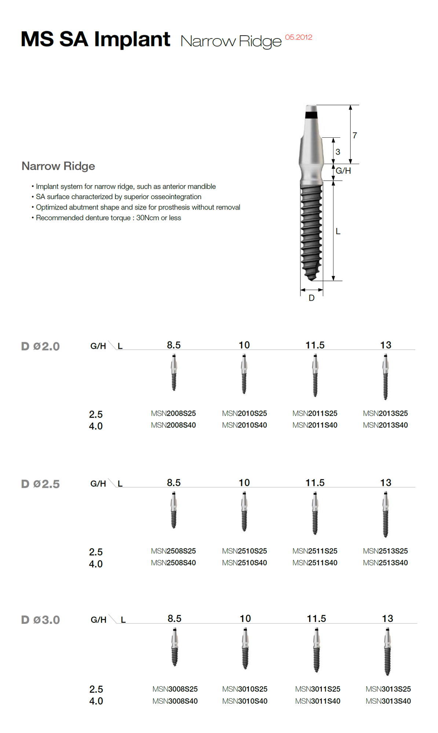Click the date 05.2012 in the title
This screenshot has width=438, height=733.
point(298,37)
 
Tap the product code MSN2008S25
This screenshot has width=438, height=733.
point(173,413)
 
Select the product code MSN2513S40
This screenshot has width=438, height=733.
point(385,563)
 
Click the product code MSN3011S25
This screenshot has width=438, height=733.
point(317,689)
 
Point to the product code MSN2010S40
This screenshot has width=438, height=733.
point(244,425)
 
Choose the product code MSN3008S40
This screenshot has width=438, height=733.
point(175,701)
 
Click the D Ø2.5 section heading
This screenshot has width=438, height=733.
point(40,484)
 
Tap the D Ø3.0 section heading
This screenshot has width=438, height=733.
point(40,620)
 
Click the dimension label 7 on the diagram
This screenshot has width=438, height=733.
point(355,136)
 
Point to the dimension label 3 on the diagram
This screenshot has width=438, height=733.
point(338,152)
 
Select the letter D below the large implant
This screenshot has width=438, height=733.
point(311,298)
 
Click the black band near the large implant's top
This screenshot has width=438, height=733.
point(311,115)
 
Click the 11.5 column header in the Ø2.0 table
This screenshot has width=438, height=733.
point(315,345)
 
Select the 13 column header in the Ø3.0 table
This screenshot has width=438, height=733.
point(387,619)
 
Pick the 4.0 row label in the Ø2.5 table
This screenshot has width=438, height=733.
point(96,564)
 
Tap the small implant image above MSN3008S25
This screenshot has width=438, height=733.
point(175,647)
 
